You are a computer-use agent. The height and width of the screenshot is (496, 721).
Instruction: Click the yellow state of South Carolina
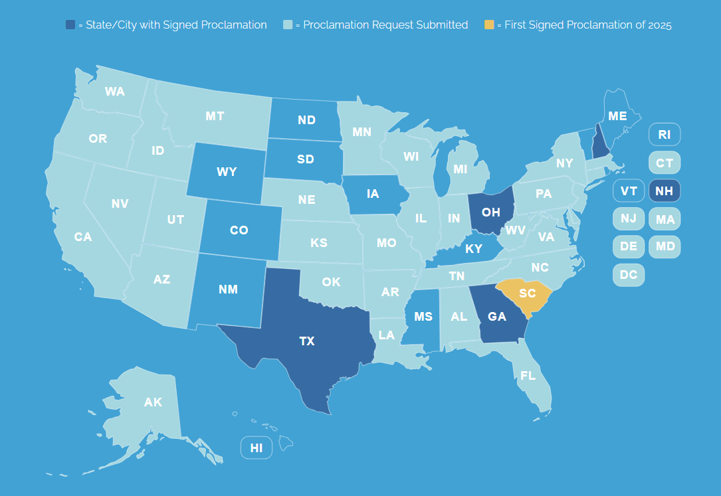click(x=526, y=293)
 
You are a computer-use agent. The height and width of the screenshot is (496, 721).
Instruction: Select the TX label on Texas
click(x=306, y=341)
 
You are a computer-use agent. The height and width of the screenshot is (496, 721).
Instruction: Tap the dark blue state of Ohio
click(x=490, y=212)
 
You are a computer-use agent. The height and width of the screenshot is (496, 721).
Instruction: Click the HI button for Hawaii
click(x=257, y=448)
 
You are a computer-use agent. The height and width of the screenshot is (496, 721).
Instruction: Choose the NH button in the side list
click(x=664, y=191)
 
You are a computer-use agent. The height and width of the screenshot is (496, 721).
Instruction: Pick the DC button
click(x=628, y=274)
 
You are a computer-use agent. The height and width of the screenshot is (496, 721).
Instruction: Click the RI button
click(x=664, y=135)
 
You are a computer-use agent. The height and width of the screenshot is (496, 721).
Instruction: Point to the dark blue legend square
click(x=70, y=25)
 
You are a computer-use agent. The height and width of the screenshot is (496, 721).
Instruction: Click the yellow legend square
click(x=489, y=25)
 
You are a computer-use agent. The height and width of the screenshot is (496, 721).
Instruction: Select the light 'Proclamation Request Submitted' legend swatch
click(x=288, y=25)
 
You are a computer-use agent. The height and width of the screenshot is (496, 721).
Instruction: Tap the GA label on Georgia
click(x=497, y=317)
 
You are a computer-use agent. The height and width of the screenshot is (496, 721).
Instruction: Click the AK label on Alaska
click(x=153, y=402)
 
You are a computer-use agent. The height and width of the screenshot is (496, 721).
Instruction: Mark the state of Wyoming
click(x=227, y=172)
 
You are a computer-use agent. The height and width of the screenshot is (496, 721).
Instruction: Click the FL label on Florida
click(x=528, y=376)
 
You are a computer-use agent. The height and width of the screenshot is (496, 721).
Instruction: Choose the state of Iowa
click(x=372, y=195)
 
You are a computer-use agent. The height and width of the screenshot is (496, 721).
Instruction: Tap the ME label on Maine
click(x=617, y=116)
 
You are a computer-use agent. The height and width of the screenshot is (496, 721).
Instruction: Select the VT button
click(x=629, y=191)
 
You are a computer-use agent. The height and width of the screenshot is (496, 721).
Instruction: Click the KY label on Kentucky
click(x=474, y=249)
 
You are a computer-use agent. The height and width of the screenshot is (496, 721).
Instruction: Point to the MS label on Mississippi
click(x=423, y=317)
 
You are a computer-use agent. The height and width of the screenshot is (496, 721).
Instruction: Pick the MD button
click(x=665, y=246)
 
